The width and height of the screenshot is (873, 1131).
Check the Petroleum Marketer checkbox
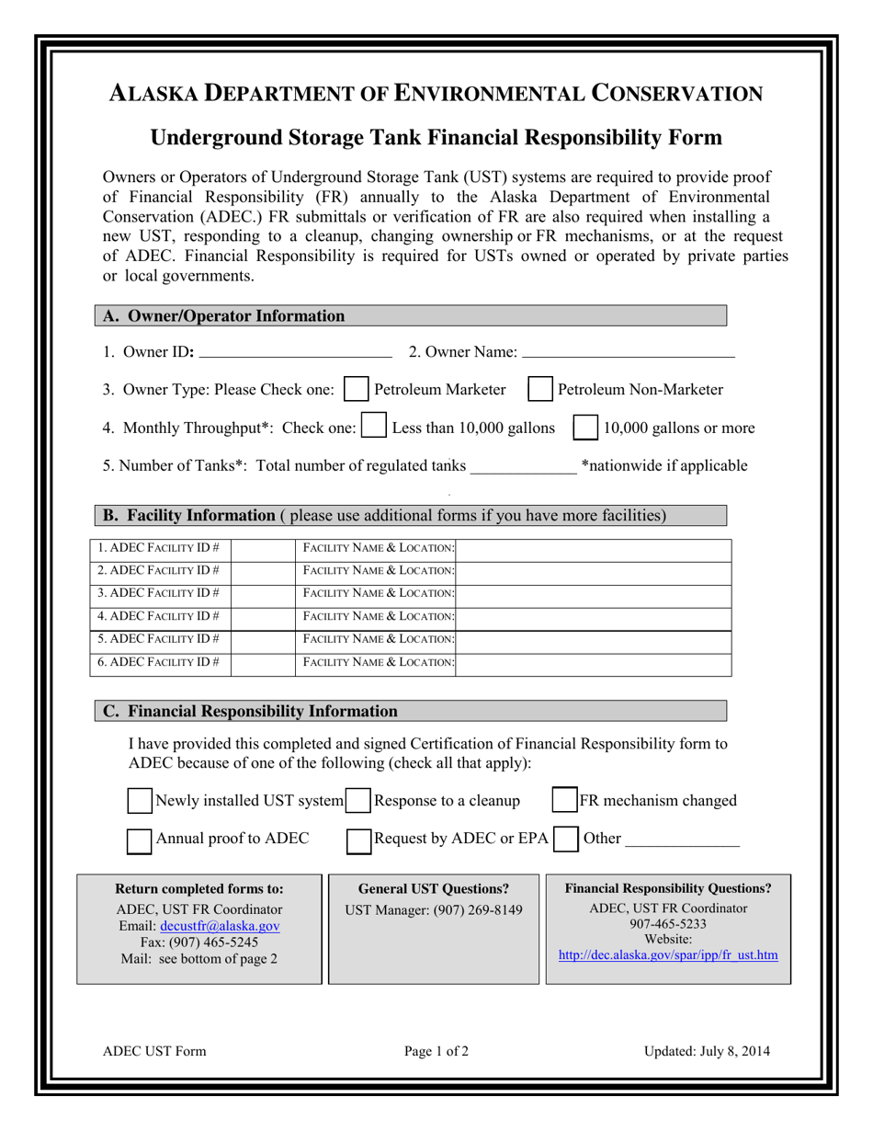click(x=355, y=390)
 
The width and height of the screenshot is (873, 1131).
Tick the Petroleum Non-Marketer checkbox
click(x=540, y=390)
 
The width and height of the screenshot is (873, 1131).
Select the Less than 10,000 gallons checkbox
click(x=374, y=428)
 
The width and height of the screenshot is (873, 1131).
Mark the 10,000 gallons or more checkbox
click(x=585, y=428)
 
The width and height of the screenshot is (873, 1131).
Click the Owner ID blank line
click(x=295, y=352)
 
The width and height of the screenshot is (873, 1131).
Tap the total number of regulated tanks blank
click(x=523, y=466)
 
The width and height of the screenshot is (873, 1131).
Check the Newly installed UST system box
click(x=140, y=801)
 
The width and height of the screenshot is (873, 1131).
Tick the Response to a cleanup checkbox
click(x=358, y=801)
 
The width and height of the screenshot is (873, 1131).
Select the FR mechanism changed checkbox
click(x=564, y=801)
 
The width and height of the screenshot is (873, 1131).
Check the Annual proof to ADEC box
click(x=140, y=840)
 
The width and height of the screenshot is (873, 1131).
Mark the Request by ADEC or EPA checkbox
click(x=358, y=840)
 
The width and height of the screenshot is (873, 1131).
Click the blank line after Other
click(x=682, y=840)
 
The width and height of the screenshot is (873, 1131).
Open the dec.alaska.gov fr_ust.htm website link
click(x=667, y=955)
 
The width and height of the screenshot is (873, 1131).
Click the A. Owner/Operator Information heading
click(x=224, y=316)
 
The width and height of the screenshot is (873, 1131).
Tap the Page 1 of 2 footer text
click(x=436, y=1052)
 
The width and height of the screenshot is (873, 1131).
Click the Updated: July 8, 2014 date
click(x=707, y=1052)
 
